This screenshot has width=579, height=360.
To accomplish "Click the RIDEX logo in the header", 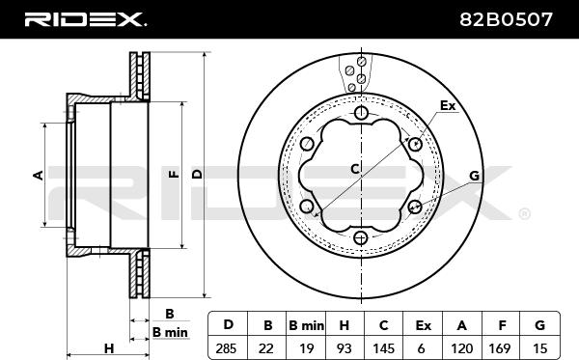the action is point(85,19).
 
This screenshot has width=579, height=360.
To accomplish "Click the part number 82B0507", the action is point(506,19).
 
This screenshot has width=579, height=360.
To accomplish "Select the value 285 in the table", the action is point(226,348).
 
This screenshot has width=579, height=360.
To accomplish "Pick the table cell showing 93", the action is point(344,348).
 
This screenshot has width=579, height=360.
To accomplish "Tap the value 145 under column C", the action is point(384,348).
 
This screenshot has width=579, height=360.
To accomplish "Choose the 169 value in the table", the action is point(500,348).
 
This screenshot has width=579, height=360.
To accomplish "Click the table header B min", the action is point(306,325).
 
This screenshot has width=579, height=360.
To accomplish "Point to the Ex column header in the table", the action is point(424,325).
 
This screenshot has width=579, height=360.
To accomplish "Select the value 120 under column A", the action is point(461,348).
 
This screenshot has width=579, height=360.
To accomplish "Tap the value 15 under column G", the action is point(539,348).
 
